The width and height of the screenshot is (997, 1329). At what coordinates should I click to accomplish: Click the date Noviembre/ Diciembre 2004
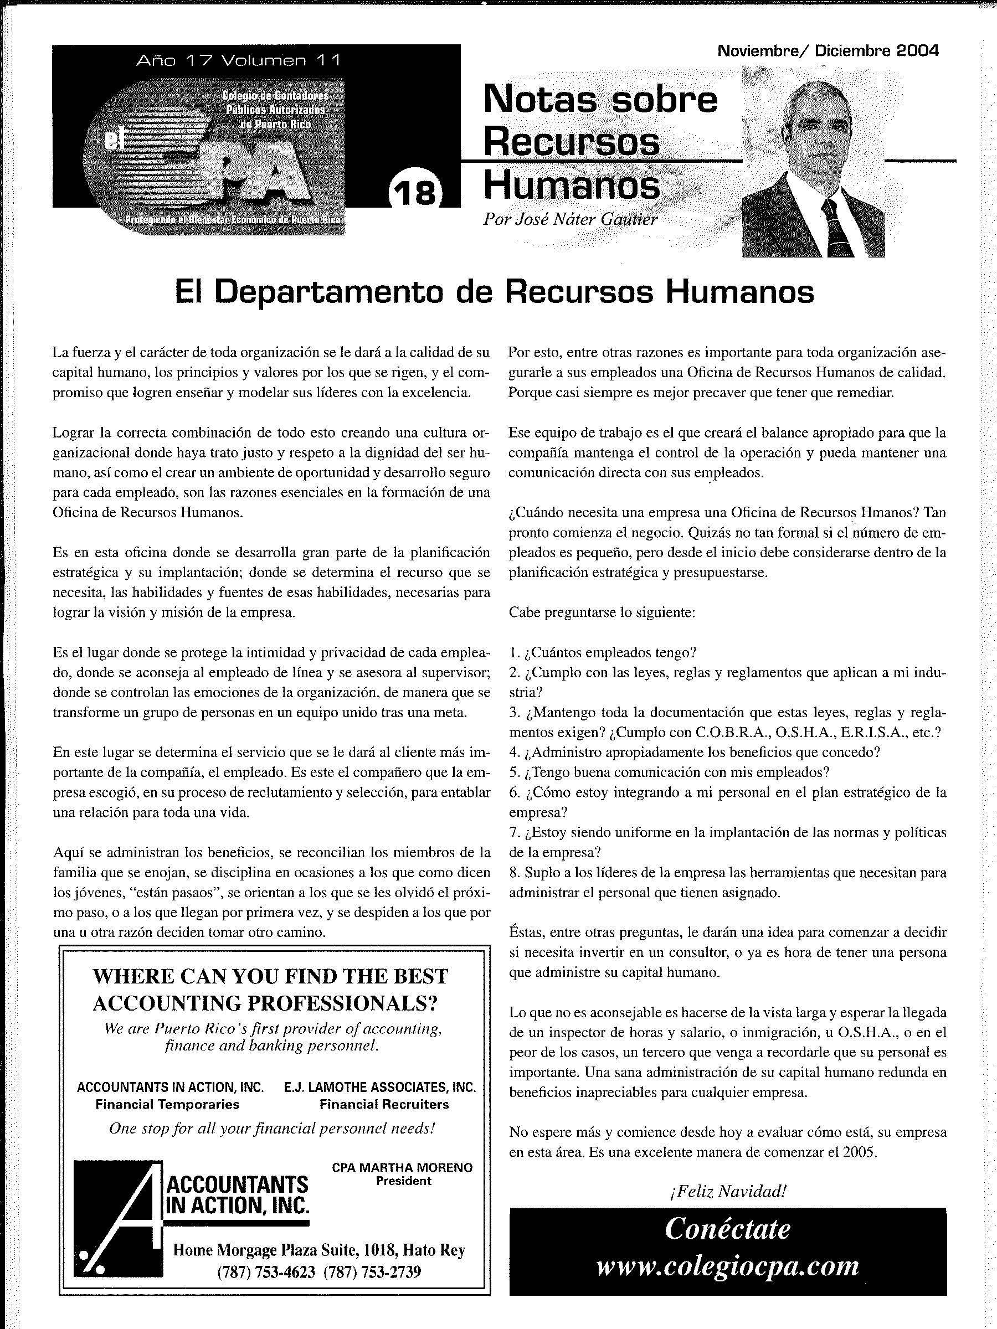coord(828,51)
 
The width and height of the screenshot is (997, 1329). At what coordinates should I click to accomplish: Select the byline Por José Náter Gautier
coord(570,219)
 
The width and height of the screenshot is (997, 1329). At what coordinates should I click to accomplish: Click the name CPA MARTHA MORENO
coord(402,1167)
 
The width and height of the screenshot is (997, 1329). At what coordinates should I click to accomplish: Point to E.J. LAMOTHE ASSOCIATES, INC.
coord(380,1087)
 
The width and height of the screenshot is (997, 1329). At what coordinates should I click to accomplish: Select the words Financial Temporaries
coord(167,1104)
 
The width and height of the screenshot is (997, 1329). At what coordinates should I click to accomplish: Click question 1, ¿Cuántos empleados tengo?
coord(603,652)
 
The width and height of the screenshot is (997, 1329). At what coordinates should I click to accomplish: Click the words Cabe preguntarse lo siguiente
coord(602,612)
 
